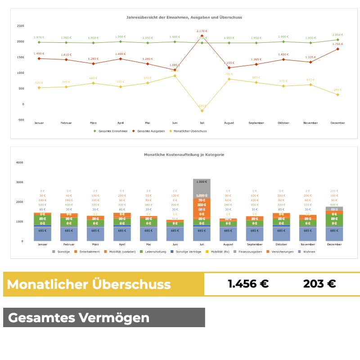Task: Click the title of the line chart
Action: [x=184, y=18]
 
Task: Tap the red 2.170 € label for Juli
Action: [x=202, y=31]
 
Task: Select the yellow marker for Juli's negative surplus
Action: [x=202, y=111]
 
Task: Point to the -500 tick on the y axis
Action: [x=21, y=120]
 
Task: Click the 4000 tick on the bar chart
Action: [x=19, y=162]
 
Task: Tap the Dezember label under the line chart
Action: [x=337, y=123]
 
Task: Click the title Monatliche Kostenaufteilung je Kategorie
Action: [x=184, y=155]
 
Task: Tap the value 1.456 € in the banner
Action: [x=248, y=284]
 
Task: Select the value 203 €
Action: [x=319, y=284]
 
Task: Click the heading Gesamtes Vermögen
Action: [x=79, y=318]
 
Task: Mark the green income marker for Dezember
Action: [x=337, y=40]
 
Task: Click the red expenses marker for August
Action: [x=229, y=68]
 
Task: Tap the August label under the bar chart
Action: [x=228, y=245]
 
